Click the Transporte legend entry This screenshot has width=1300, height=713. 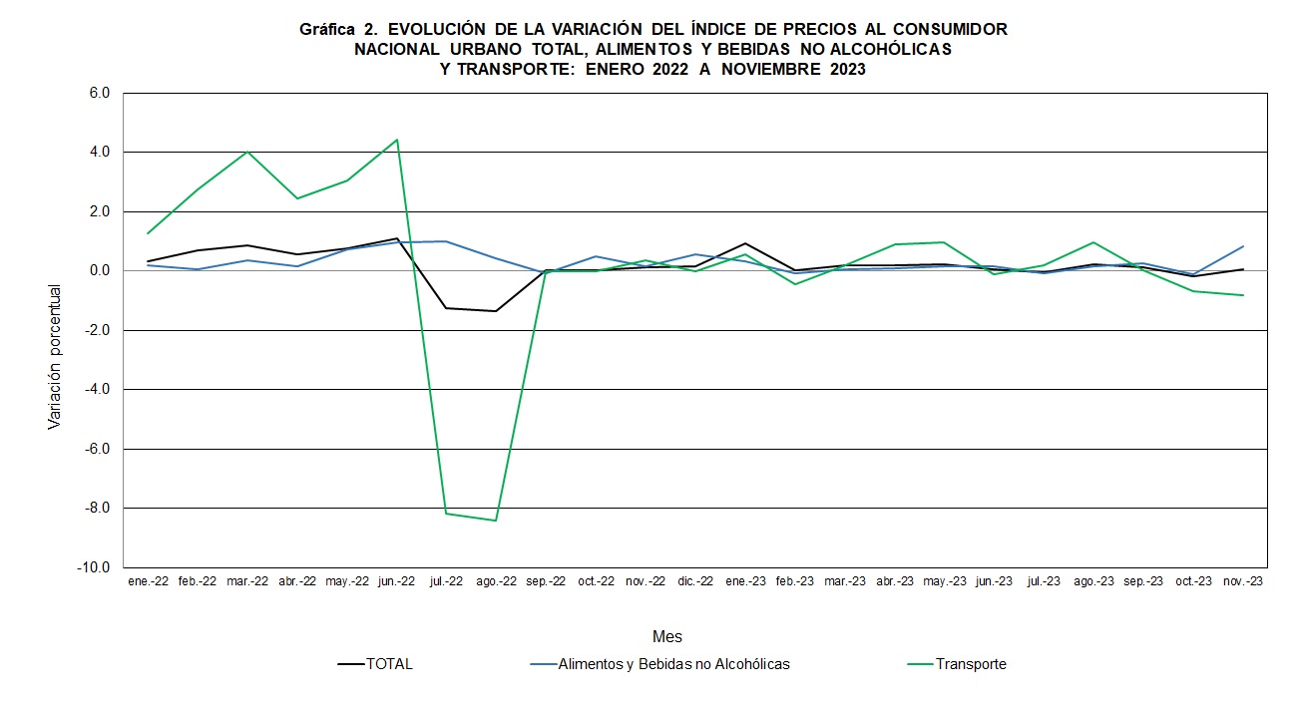(971, 664)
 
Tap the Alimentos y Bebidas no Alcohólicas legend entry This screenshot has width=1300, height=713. (673, 664)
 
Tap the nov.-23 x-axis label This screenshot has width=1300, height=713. (1243, 581)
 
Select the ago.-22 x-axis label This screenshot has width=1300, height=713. (496, 581)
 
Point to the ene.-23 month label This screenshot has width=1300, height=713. (744, 581)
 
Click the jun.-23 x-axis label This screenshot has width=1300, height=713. (994, 581)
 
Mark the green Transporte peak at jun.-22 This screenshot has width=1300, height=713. (396, 140)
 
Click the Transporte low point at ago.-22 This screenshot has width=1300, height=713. (496, 521)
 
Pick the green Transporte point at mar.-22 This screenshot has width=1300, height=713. (246, 152)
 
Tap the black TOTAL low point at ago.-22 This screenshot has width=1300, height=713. (496, 311)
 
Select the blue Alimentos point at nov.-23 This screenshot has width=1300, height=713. (1243, 246)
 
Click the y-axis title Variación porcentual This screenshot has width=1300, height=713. (55, 357)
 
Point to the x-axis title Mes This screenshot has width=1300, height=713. (667, 636)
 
